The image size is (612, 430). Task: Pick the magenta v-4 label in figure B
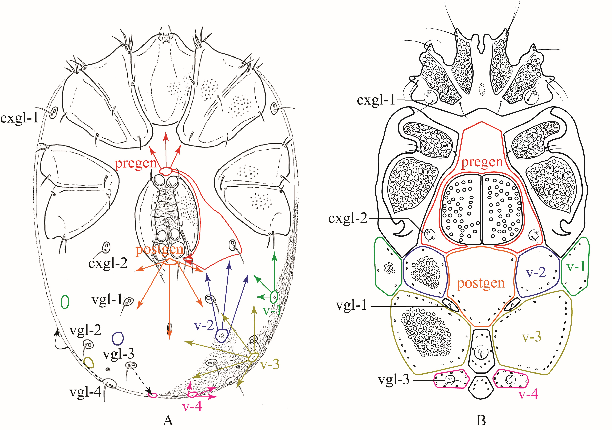point(528,394)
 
